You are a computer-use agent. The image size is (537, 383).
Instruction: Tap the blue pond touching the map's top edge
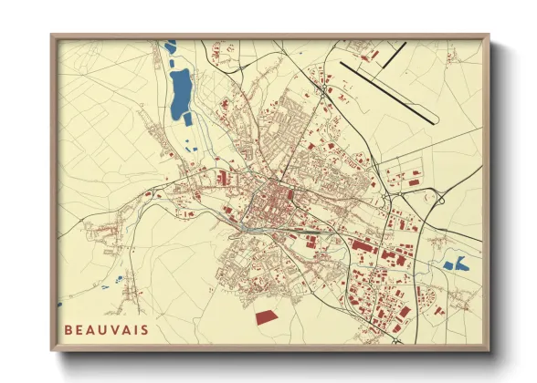coord(170,46)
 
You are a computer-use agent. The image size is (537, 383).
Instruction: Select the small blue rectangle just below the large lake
coord(188,119)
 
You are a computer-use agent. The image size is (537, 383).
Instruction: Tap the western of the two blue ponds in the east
coord(448,266)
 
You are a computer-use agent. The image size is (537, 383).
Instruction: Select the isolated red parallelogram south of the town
coord(266,316)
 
